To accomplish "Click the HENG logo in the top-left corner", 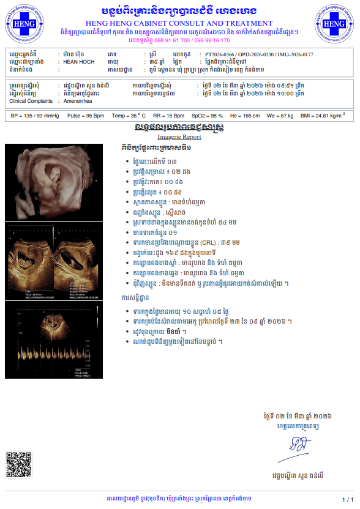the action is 24,24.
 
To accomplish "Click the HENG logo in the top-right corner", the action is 335,24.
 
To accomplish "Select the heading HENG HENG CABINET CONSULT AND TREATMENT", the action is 179,23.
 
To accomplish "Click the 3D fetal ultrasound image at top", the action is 54,182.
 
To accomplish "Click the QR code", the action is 18,464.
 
